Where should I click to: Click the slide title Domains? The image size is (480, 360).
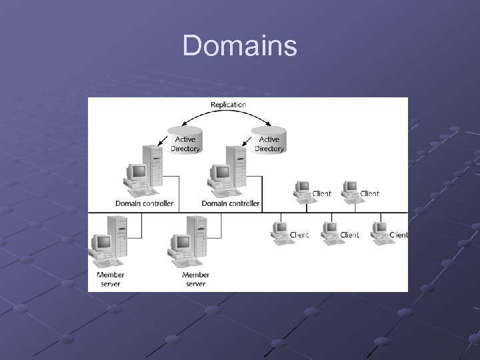click(240, 46)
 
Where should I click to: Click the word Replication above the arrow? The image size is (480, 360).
click(228, 105)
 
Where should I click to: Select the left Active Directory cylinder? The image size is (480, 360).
click(185, 140)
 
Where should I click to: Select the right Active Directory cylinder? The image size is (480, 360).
click(269, 140)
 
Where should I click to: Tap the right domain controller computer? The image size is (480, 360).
click(227, 171)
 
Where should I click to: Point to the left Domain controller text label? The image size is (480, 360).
click(145, 203)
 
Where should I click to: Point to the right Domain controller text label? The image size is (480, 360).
click(231, 203)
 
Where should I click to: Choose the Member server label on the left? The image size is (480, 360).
click(110, 279)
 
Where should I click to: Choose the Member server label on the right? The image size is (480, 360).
click(195, 279)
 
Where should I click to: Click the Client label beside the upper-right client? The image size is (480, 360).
click(369, 194)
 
